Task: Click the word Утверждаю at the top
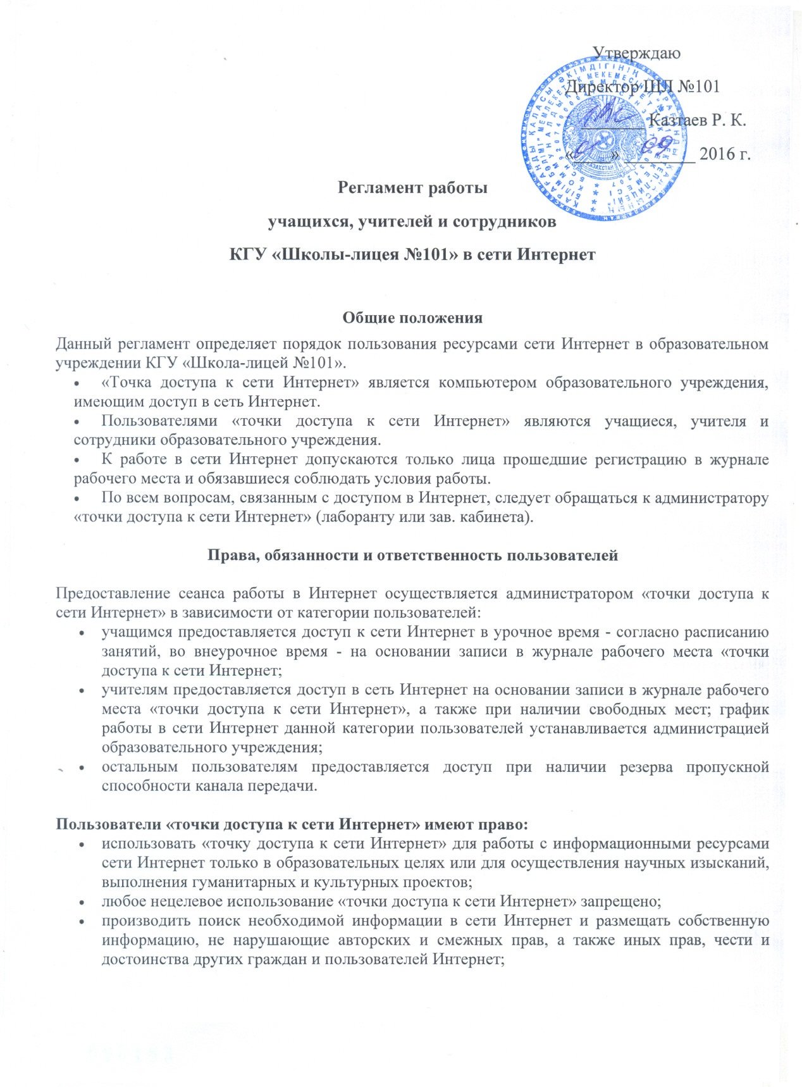636,54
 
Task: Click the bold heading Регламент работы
413,188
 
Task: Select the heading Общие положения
412,318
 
